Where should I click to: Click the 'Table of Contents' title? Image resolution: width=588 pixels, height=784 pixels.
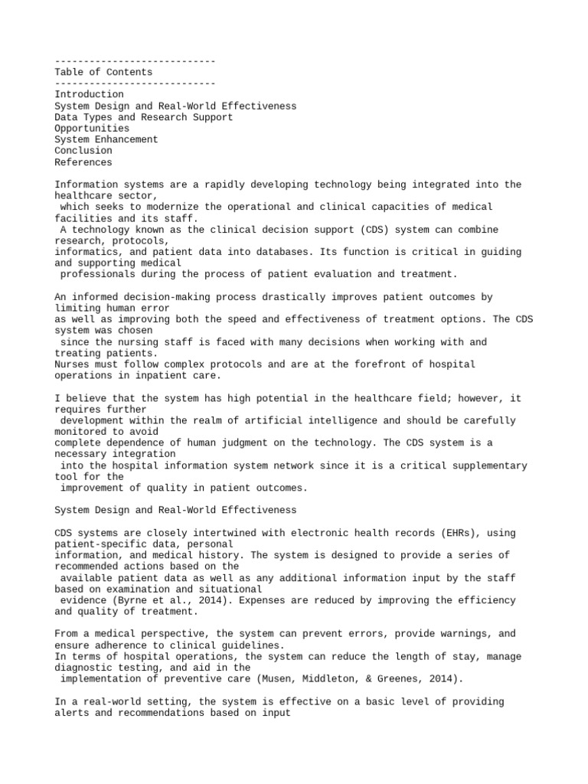coord(103,72)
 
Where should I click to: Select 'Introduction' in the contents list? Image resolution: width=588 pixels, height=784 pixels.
coord(89,94)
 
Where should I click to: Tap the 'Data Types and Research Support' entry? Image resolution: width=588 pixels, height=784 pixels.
coord(144,117)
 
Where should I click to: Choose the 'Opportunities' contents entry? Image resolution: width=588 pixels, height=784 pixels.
coord(92,129)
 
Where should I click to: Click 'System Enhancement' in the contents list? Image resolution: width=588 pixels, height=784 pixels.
coord(106,139)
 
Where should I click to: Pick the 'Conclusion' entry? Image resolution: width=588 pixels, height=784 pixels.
coord(83,151)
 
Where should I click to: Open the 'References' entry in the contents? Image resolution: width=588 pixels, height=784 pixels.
coord(83,162)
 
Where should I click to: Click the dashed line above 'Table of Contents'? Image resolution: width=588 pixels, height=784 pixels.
coord(135,60)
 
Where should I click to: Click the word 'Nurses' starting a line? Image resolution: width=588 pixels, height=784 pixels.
coord(72,364)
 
